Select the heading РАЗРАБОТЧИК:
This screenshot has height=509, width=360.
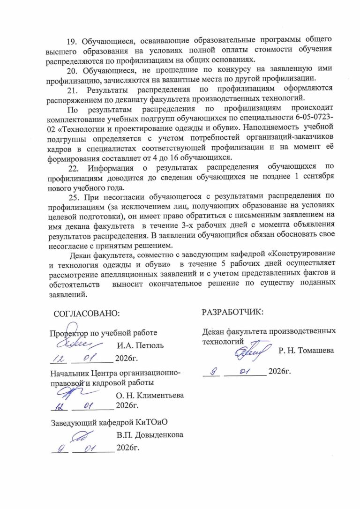pos(232,311)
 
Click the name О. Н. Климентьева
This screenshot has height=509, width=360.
pos(150,395)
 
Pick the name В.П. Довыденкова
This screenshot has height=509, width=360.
pos(150,434)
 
